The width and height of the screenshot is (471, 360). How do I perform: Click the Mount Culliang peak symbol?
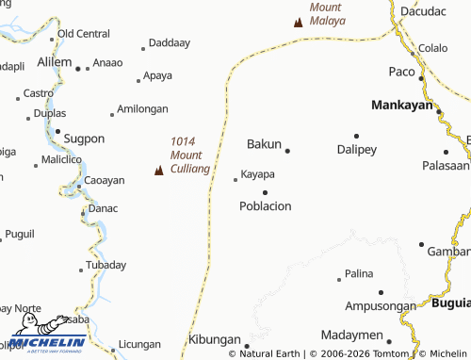(159, 171)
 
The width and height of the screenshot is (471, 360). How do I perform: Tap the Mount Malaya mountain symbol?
(299, 22)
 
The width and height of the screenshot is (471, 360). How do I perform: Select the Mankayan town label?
(401, 105)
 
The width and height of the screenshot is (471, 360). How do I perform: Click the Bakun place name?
(264, 144)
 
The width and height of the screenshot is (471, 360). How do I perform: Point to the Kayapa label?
(257, 174)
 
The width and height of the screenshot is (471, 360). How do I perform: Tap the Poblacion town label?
(266, 205)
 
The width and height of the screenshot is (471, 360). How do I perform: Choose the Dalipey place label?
(356, 149)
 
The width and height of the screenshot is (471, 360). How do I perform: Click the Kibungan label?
(214, 339)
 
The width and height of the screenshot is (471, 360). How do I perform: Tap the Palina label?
(359, 273)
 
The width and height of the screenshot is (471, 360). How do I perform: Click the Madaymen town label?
(351, 335)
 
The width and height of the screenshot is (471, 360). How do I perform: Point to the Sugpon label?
(84, 139)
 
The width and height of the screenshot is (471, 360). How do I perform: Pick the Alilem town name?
(54, 61)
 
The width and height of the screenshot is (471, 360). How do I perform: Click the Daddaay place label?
(170, 43)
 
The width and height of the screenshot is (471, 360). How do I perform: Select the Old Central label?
(84, 34)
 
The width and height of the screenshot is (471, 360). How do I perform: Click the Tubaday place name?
(106, 265)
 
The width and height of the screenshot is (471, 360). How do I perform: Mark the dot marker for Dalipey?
(356, 136)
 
